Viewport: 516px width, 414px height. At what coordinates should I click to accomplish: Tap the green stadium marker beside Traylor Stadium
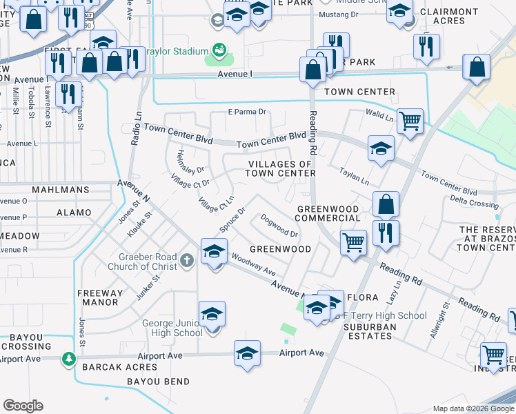click(x=219, y=50)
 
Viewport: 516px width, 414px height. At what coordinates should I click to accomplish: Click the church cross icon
click(x=188, y=261)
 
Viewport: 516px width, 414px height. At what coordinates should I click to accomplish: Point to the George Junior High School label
click(x=172, y=328)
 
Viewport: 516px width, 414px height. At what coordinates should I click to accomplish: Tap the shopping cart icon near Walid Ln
click(x=410, y=121)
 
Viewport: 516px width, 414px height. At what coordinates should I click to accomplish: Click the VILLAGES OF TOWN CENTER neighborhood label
click(x=281, y=168)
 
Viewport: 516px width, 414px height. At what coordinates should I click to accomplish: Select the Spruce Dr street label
click(x=232, y=219)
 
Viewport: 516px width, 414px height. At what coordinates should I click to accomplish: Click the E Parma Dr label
click(x=247, y=112)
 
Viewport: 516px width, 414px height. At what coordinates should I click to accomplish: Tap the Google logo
click(x=23, y=406)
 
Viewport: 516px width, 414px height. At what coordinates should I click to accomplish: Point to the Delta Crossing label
click(x=474, y=204)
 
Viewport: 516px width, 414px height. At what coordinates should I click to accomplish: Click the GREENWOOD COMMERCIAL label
click(x=328, y=213)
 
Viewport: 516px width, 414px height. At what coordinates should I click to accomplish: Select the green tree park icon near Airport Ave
click(x=68, y=359)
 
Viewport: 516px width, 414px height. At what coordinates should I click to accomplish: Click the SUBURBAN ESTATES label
click(x=370, y=331)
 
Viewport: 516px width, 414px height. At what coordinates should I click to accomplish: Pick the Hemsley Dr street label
click(x=191, y=161)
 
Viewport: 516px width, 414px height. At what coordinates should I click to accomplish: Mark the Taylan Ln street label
click(x=355, y=177)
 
